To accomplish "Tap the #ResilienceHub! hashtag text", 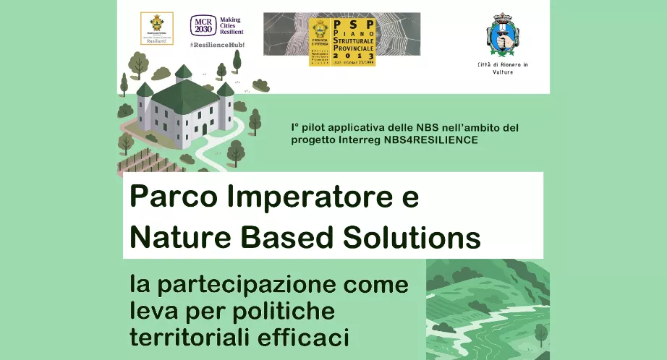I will [217, 45].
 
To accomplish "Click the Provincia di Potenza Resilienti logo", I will [156, 29].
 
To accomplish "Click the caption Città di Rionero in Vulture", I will [503, 68].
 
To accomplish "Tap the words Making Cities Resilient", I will [231, 27].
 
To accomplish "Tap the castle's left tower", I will [145, 108].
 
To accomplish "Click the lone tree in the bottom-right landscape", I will [540, 334].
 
